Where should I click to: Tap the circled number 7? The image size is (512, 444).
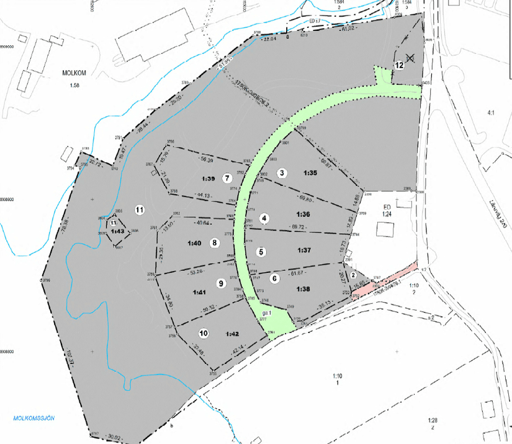coord(227,178)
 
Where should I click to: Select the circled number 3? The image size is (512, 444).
coord(282,172)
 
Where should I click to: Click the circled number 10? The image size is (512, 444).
coord(204,332)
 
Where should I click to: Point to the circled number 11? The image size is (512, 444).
coord(140,210)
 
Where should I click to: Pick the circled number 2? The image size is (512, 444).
coord(353,275)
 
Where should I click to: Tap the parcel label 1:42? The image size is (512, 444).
coord(232,334)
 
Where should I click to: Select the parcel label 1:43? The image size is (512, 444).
coord(117,231)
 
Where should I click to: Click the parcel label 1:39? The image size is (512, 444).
coord(208,179)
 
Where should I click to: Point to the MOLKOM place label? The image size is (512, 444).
coord(74,72)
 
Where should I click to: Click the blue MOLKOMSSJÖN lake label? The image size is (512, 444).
coord(34,418)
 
